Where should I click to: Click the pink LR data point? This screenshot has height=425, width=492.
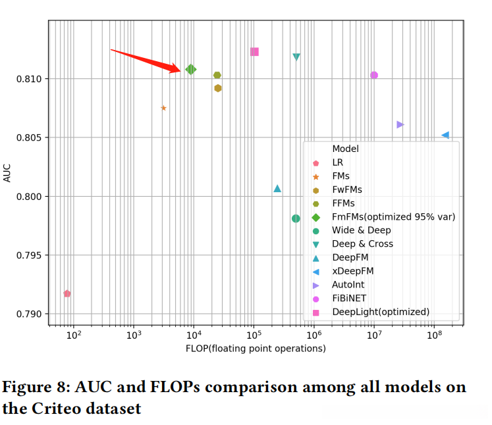pos(67,293)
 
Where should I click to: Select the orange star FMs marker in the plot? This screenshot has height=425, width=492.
pos(163,108)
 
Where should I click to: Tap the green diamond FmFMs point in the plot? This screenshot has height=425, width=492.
pos(191,69)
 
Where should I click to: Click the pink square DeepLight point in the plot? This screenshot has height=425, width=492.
pos(254,52)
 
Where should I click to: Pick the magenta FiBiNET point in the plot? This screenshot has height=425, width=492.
pos(374,75)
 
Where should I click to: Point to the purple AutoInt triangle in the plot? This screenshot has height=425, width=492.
pos(400,124)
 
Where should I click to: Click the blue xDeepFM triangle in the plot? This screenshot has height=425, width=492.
pos(445,135)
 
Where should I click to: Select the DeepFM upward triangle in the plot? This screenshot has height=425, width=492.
pos(277,189)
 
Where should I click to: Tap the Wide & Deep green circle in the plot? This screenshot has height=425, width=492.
pos(296,218)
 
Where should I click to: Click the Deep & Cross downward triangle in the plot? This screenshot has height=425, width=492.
pos(296,57)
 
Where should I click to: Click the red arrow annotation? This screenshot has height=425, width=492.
pos(145,59)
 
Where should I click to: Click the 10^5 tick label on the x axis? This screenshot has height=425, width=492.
pos(253,336)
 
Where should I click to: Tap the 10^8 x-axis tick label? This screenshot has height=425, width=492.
pos(433,336)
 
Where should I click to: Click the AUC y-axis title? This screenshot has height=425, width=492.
pos(7,173)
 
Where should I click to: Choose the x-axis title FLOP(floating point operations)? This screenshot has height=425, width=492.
pos(256,349)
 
